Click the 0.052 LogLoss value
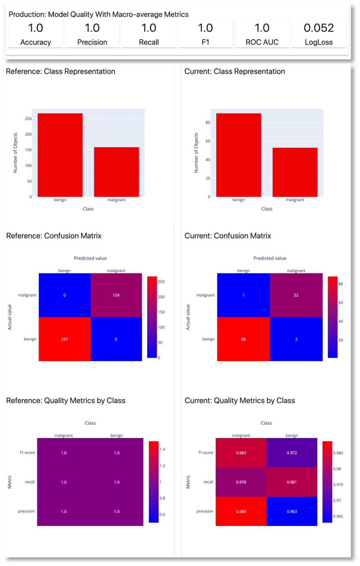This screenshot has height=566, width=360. click(319, 28)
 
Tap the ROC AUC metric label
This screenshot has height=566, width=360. click(262, 42)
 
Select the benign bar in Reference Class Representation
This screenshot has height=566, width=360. click(60, 155)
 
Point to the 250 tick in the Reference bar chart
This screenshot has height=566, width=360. click(28, 119)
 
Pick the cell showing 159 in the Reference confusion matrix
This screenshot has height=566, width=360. click(116, 295)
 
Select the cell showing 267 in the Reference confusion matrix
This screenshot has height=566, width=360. click(64, 339)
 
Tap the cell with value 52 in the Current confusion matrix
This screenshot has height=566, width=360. click(296, 295)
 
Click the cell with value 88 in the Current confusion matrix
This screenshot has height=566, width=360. click(243, 339)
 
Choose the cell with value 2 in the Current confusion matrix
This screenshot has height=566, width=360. click(296, 339)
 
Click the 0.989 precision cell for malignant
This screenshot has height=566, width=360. click(241, 511)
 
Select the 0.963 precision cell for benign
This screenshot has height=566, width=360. click(292, 511)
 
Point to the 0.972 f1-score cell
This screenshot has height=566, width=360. click(292, 453)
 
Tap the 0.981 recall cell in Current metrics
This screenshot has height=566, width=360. click(292, 482)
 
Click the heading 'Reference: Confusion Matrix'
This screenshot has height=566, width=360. click(54, 236)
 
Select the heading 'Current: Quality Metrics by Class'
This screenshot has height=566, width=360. click(240, 400)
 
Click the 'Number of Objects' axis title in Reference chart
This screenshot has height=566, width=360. click(16, 153)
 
